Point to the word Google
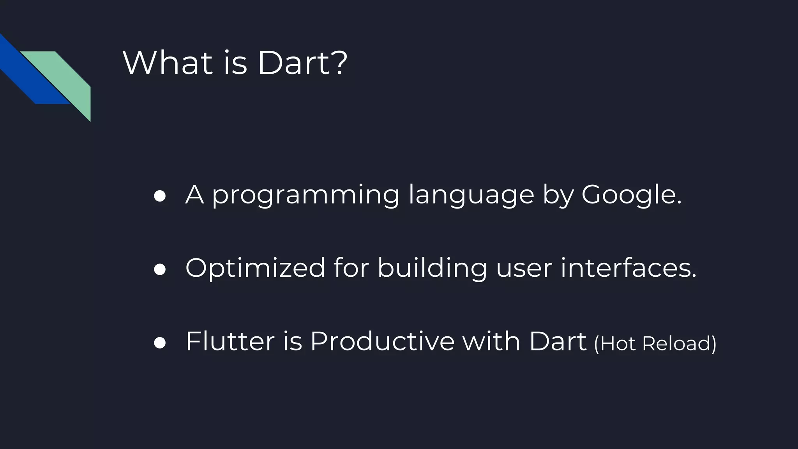click(x=631, y=195)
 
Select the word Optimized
click(x=255, y=268)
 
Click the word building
click(x=432, y=268)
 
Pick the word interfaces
click(x=628, y=268)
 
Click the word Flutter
click(x=230, y=341)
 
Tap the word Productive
click(x=382, y=341)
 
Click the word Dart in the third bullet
click(x=558, y=341)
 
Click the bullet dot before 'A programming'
click(x=160, y=196)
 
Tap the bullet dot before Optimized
click(x=160, y=269)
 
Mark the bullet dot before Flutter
click(x=160, y=343)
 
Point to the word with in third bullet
click(x=491, y=341)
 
